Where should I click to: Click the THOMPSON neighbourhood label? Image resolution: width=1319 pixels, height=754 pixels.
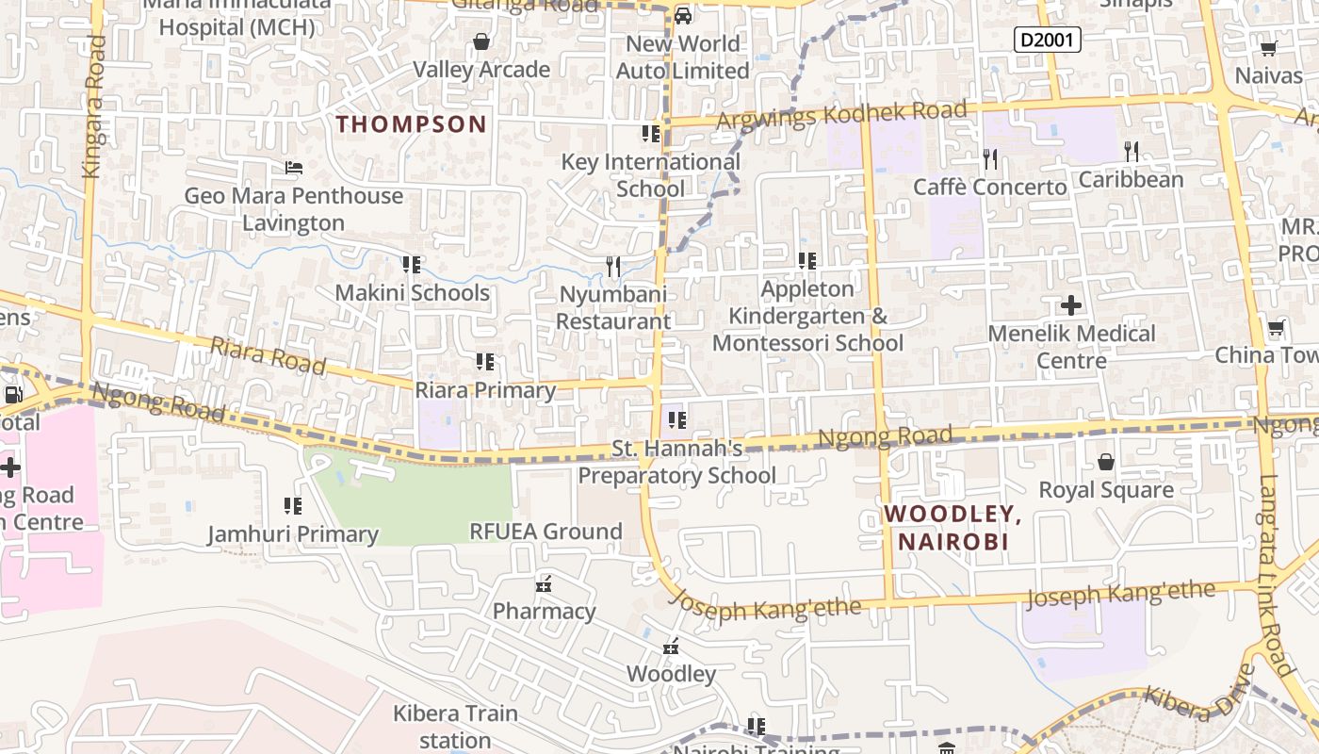pyautogui.click(x=412, y=123)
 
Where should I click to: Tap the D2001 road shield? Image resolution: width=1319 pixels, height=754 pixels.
pyautogui.click(x=1047, y=40)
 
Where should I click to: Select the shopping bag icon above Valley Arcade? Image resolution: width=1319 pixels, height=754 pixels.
pyautogui.click(x=481, y=41)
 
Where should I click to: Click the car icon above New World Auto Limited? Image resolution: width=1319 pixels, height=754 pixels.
pyautogui.click(x=683, y=15)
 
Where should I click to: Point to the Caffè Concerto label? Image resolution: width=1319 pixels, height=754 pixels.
pyautogui.click(x=990, y=187)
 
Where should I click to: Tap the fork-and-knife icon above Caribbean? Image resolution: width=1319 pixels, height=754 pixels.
pyautogui.click(x=1132, y=151)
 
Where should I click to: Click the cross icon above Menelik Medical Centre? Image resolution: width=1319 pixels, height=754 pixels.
pyautogui.click(x=1070, y=305)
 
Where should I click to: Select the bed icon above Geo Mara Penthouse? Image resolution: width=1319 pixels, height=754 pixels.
pyautogui.click(x=294, y=168)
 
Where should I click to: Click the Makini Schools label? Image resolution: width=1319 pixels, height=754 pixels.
pyautogui.click(x=413, y=292)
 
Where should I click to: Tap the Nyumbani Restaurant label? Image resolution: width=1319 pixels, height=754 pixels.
pyautogui.click(x=613, y=307)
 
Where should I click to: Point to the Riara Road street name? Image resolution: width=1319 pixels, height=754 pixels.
pyautogui.click(x=268, y=356)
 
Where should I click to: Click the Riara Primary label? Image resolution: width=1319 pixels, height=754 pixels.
pyautogui.click(x=486, y=390)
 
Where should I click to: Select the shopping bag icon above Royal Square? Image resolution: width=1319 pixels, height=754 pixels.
pyautogui.click(x=1106, y=462)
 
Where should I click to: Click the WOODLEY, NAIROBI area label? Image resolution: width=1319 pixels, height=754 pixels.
pyautogui.click(x=953, y=528)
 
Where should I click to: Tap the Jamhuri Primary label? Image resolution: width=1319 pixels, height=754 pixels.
pyautogui.click(x=293, y=534)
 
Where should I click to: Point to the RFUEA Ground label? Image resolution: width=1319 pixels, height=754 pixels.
pyautogui.click(x=546, y=532)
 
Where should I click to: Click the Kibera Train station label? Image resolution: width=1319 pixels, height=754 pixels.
pyautogui.click(x=456, y=726)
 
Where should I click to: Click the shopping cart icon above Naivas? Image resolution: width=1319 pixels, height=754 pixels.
pyautogui.click(x=1268, y=49)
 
